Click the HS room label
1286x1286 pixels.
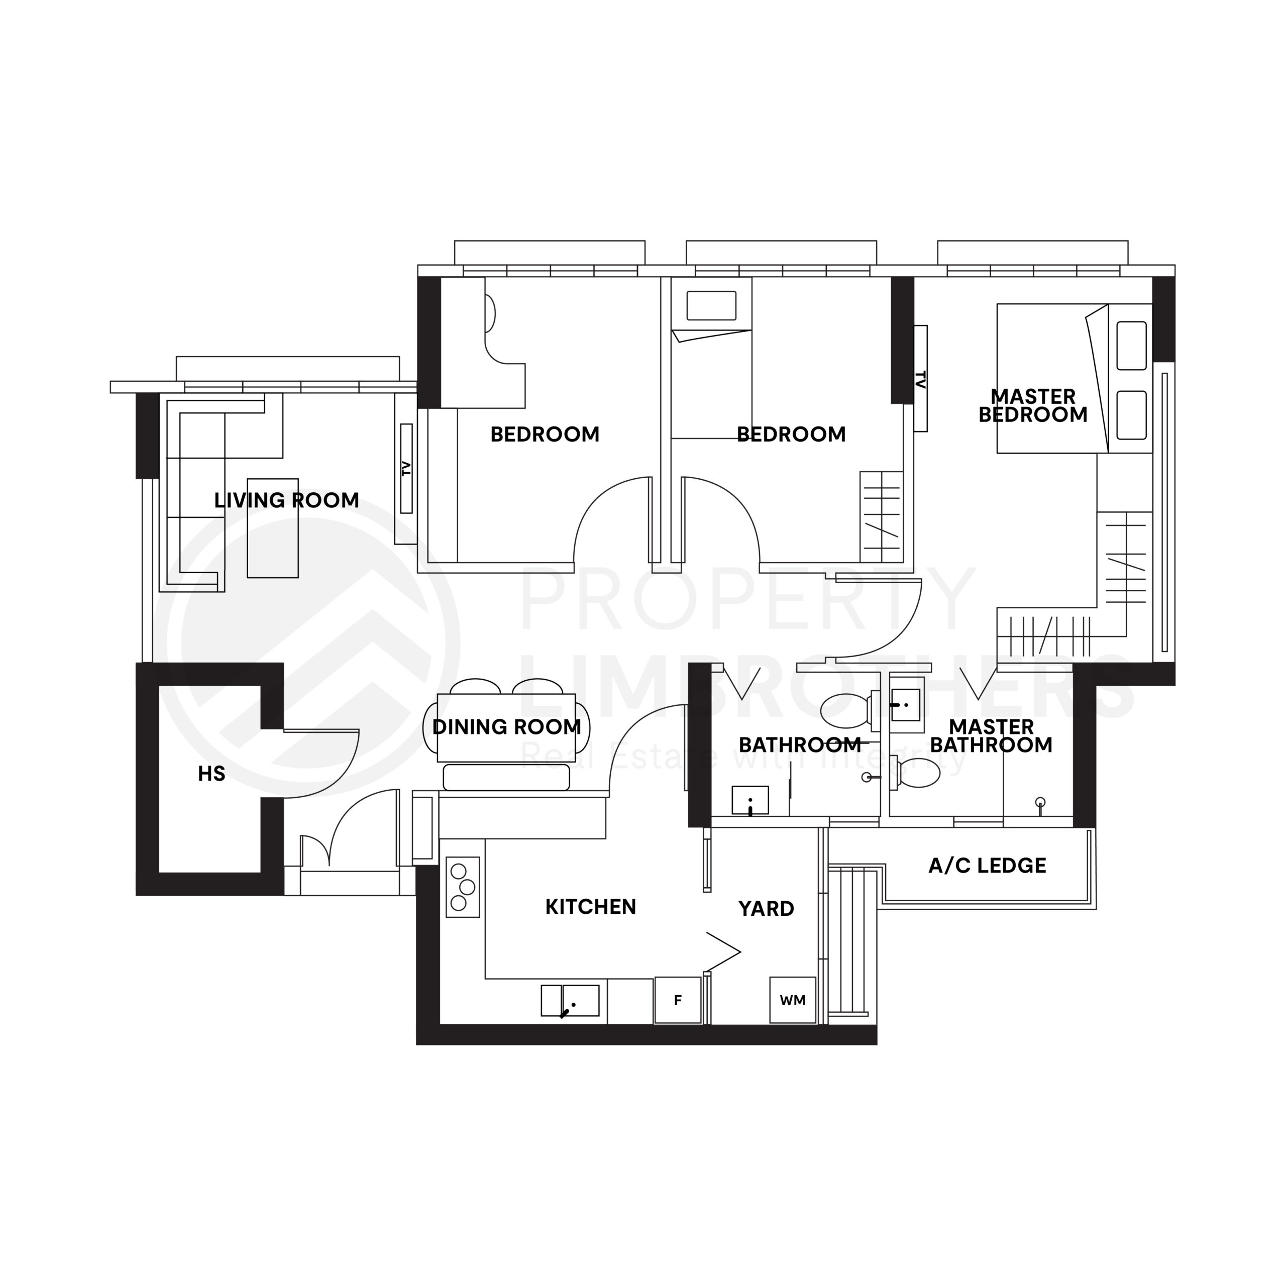211,774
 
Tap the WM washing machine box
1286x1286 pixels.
793,1000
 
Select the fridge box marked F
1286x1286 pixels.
678,1000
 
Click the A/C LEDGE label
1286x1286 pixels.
987,866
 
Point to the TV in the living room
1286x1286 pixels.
406,469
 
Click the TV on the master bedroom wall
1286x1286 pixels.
921,379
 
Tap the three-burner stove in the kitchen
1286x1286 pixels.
463,887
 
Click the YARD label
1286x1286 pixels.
766,909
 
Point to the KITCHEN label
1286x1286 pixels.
590,907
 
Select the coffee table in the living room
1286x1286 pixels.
273,528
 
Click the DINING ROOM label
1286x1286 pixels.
506,727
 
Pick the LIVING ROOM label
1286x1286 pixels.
287,500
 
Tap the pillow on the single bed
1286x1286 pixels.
711,305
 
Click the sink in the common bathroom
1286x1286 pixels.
750,800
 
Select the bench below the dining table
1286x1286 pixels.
506,778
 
